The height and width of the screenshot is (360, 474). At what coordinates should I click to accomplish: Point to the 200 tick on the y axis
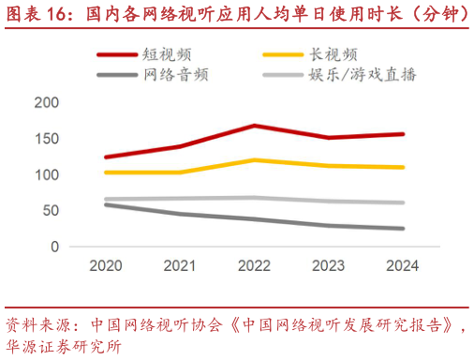point(47,102)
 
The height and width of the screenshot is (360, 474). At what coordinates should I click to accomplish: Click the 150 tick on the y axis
point(47,139)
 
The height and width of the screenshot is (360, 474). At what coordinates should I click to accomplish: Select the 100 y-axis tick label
point(47,174)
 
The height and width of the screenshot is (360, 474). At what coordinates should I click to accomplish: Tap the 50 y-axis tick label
point(51,210)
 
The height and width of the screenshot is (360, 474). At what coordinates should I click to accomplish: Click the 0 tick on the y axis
point(55,246)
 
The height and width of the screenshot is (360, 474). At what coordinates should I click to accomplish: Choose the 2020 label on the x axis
point(106,265)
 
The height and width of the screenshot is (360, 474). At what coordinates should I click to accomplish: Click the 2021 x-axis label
point(180,265)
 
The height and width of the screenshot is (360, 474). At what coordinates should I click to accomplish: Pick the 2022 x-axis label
point(254,265)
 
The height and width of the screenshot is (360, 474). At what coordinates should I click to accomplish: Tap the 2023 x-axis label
point(329,265)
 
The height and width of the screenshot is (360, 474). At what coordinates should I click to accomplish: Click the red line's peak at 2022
point(254,126)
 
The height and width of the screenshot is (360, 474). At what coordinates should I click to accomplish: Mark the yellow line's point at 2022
point(254,160)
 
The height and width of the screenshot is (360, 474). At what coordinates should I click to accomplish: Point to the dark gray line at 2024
point(403,228)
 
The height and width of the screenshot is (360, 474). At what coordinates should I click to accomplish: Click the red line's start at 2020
point(106,157)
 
